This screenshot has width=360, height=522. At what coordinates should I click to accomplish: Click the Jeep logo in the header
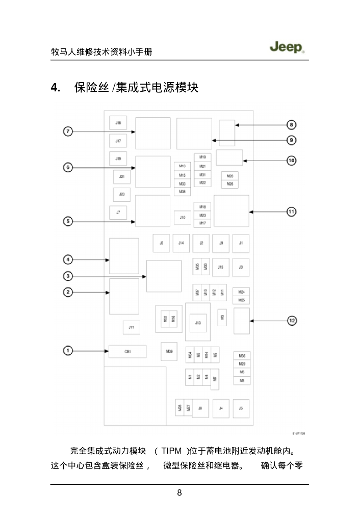coord(287,47)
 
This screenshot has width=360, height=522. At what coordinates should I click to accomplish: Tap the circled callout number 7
coord(67,132)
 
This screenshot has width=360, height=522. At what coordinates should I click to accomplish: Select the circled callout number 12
coord(292,321)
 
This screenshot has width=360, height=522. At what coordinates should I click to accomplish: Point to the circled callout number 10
coord(291,161)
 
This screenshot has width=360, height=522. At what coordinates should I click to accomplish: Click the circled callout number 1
coord(67,350)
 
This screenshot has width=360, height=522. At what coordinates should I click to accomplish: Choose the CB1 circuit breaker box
coord(127,352)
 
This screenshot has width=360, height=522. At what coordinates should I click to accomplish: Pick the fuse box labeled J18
coord(118,123)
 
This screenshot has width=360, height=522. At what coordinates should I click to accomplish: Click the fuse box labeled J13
coord(198,323)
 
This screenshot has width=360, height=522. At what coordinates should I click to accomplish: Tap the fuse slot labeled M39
coord(169,351)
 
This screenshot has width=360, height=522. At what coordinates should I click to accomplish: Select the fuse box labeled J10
coord(182,217)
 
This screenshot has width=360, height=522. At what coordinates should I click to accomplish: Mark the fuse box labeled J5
coord(241,408)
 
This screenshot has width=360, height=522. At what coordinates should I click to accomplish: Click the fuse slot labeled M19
coord(202,158)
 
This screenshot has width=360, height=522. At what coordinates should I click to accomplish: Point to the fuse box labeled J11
coord(131,327)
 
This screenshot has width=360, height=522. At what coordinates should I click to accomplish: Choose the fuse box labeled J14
coord(181,244)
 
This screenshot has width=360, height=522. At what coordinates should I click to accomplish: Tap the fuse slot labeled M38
coord(182,192)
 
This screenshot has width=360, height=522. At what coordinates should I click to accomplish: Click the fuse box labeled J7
coord(118,212)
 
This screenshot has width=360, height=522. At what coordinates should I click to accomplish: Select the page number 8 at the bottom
coord(179,492)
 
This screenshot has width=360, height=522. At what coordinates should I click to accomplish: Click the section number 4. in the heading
coord(56,88)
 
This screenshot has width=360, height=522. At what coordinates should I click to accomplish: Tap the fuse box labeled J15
coord(220,267)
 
